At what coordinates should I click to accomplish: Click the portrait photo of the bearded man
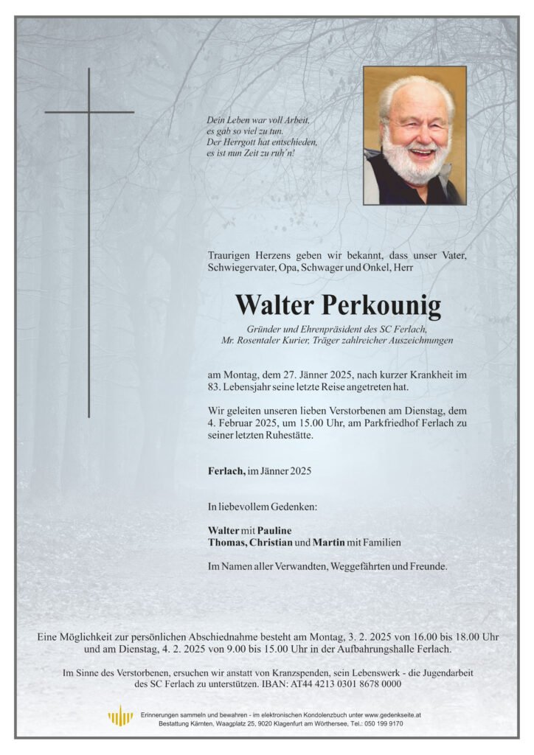(415, 136)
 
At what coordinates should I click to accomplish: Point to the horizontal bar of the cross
(89, 112)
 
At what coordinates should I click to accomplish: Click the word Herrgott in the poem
(239, 142)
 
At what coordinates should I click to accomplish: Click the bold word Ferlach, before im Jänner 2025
(226, 470)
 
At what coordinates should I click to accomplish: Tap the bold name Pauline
(273, 530)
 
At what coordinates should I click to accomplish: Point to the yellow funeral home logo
(120, 716)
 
